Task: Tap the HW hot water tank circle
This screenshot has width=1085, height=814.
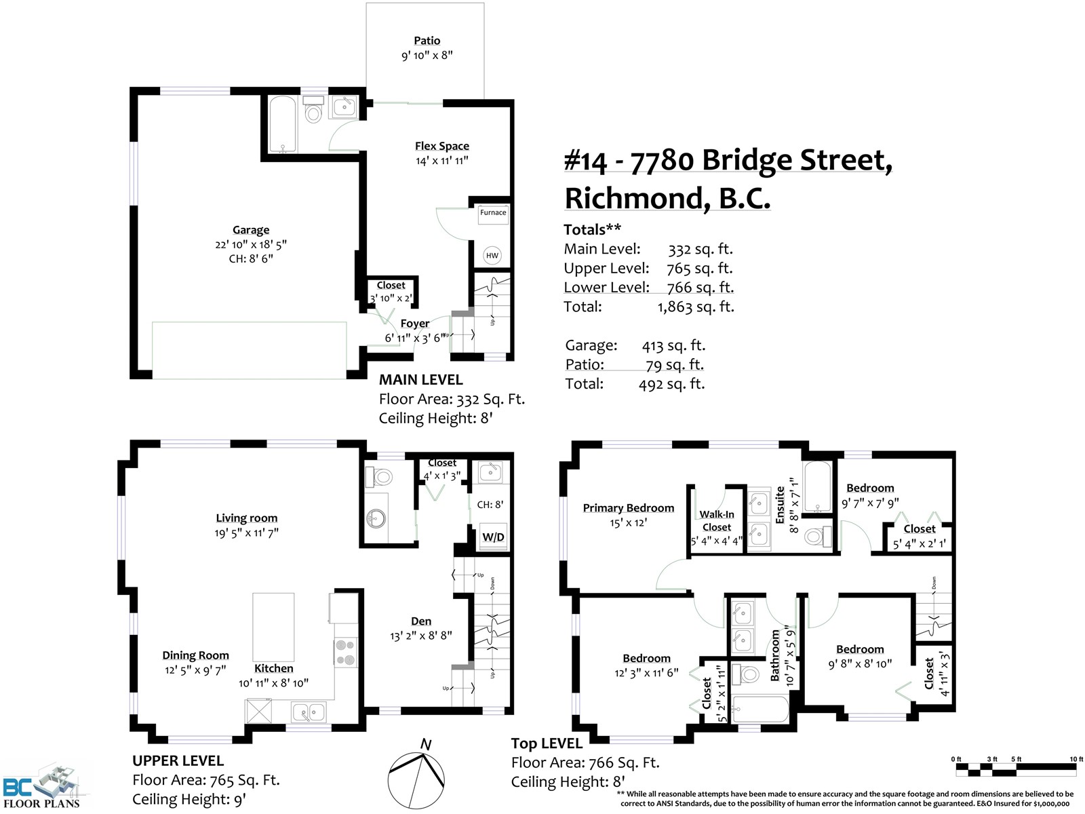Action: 492,256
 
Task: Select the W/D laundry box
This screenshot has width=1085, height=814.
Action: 493,537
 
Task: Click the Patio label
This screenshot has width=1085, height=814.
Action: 427,41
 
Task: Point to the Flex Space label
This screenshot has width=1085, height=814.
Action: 442,146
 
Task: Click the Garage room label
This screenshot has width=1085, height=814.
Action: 251,230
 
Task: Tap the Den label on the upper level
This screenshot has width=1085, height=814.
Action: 421,621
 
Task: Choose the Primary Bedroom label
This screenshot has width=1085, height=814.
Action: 628,508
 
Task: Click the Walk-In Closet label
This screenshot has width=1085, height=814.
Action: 717,521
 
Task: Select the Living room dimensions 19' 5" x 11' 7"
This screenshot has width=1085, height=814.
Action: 246,532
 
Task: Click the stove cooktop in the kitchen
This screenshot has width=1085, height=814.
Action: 345,653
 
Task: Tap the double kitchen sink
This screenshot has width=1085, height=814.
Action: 309,713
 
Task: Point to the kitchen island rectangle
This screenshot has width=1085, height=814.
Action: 273,627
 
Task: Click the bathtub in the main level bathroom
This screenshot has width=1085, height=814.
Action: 282,125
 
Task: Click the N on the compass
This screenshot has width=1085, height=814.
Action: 426,744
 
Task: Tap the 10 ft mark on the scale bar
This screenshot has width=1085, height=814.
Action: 1077,759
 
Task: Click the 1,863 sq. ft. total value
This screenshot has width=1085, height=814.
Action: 696,307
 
